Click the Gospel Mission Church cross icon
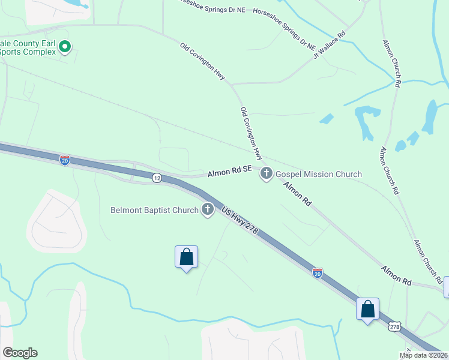pos(267,174)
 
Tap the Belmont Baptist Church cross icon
pos(208,210)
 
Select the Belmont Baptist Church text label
pos(154,210)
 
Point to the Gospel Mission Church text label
pos(319,174)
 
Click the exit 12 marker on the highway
pos(157,178)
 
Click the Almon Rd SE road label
pos(230,172)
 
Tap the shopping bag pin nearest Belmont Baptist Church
pos(186,257)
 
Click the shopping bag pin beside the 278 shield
pos(368,310)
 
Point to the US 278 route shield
pos(394,326)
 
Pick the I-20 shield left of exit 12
pos(65,160)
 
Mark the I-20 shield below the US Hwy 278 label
pos(318,273)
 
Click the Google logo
pos(20,353)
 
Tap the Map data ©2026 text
pos(423,355)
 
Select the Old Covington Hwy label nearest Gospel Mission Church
pos(251,134)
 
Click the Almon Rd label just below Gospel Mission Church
pos(298,194)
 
